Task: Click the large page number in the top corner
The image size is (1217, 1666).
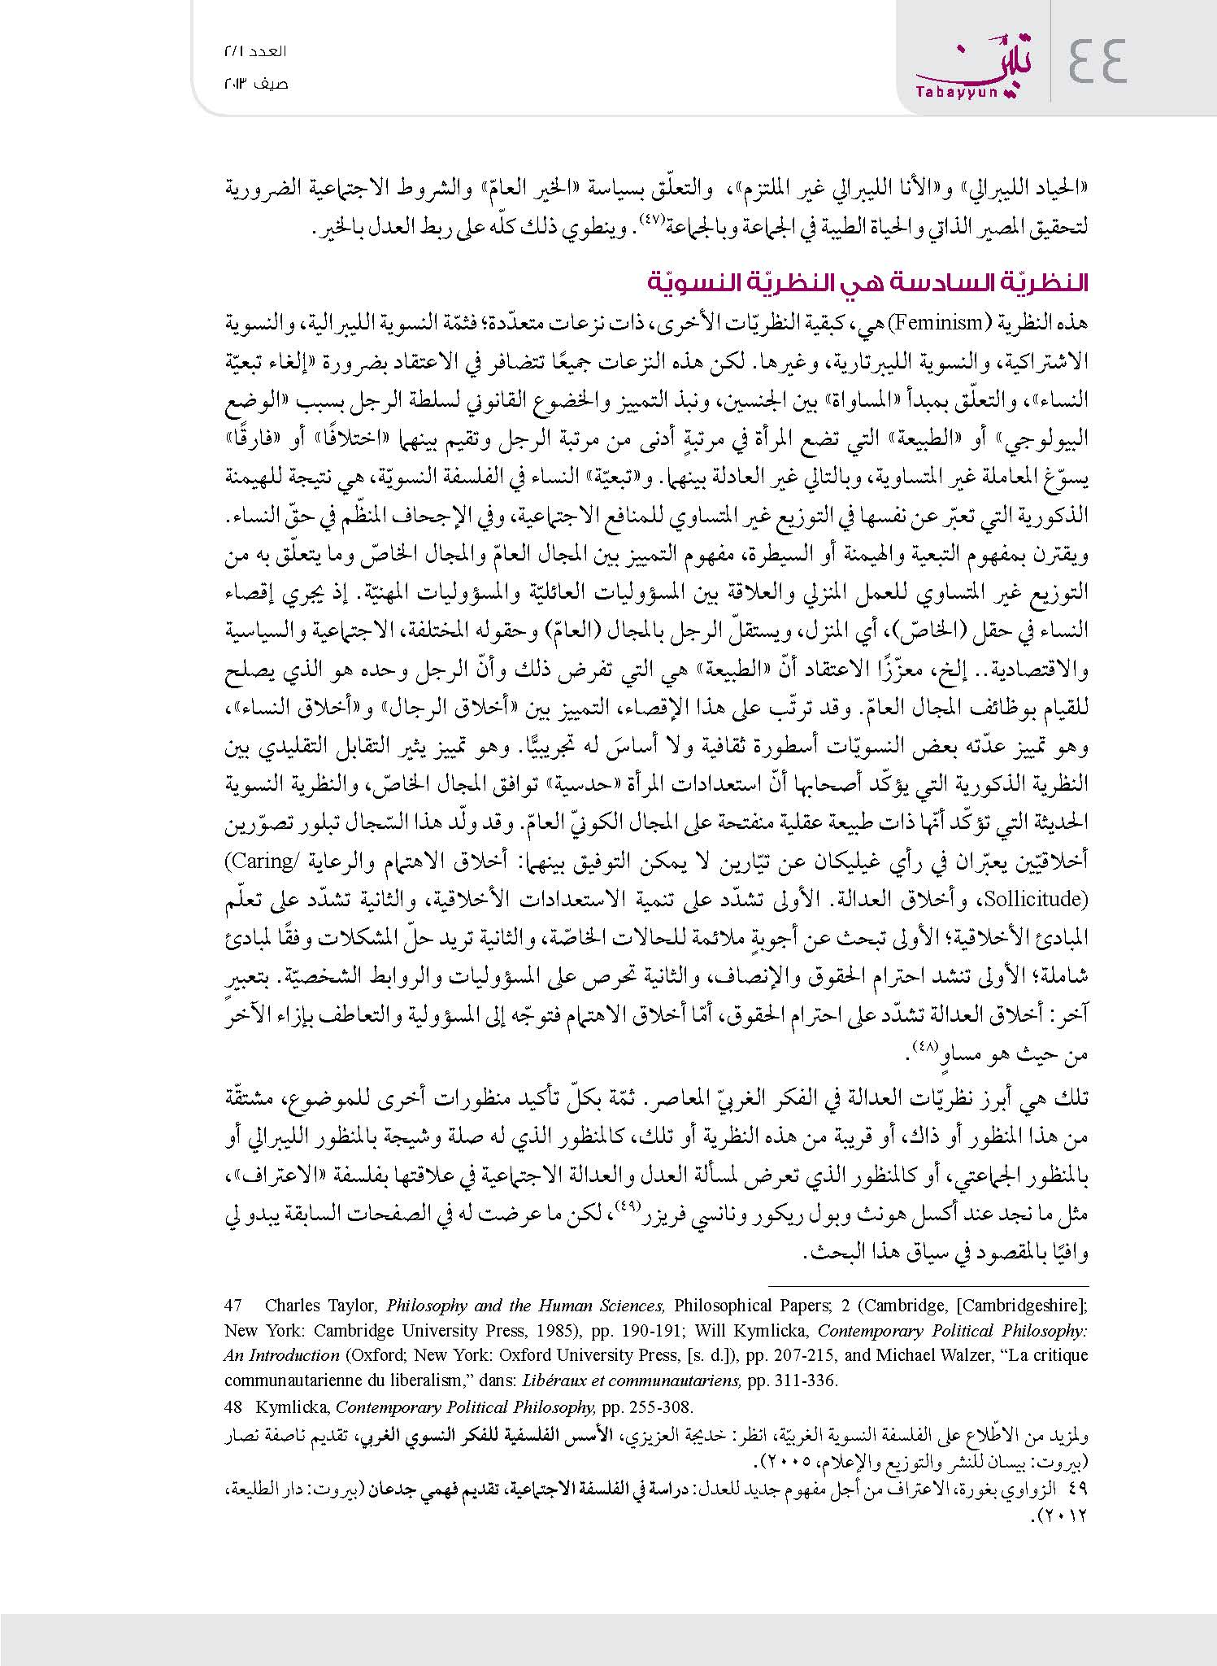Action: pos(1097,61)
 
